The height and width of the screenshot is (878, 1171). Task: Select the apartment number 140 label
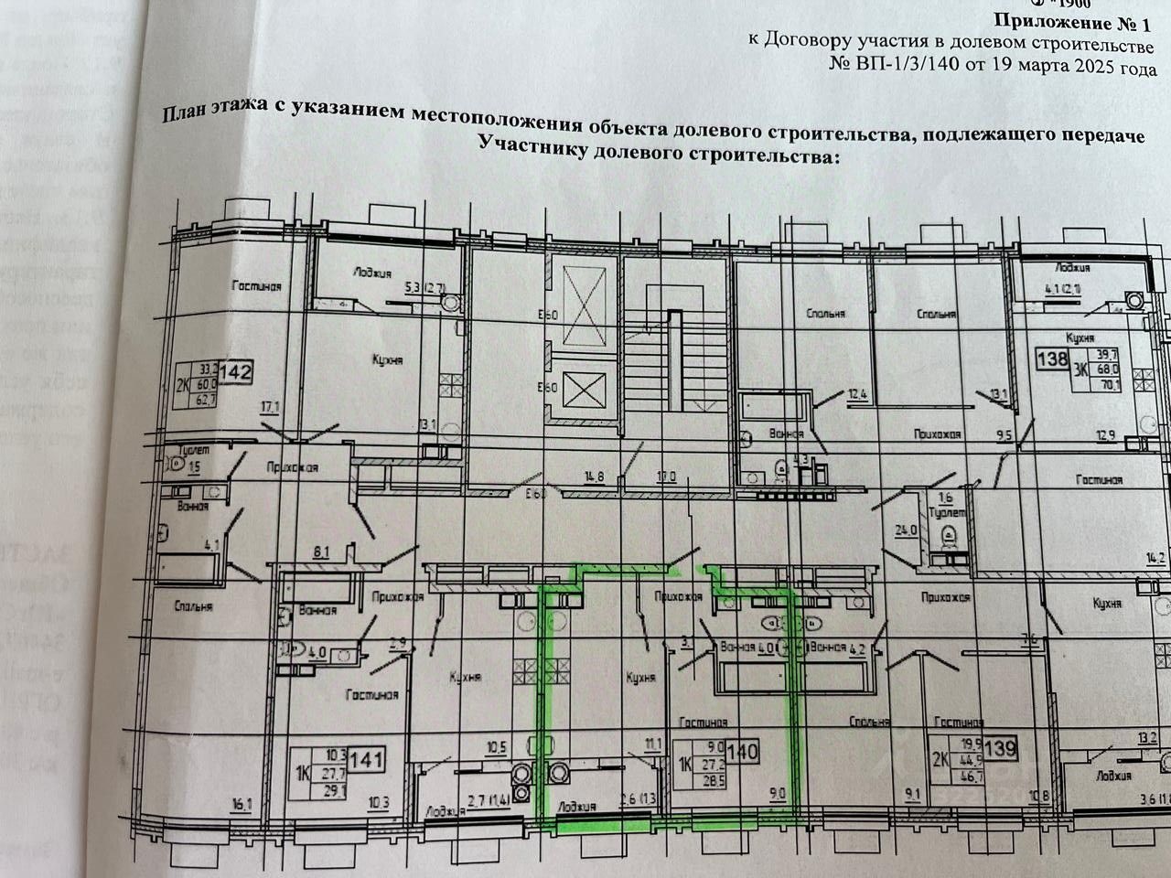742,753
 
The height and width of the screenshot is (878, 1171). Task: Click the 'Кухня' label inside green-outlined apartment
641,678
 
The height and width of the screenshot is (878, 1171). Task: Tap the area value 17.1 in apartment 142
269,407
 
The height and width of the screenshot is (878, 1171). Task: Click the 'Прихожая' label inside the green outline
677,596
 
